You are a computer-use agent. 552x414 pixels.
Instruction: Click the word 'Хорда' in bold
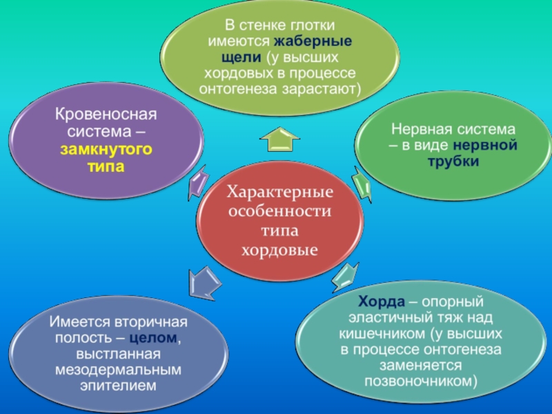click(x=377, y=302)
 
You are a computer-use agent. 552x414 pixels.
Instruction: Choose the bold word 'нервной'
click(x=485, y=146)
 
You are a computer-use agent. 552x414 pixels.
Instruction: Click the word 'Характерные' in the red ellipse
click(x=279, y=190)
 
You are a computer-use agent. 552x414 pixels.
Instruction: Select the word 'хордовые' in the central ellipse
click(x=279, y=248)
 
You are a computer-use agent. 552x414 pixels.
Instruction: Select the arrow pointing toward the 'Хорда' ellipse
click(x=343, y=279)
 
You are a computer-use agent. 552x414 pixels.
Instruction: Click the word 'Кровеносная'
click(x=106, y=113)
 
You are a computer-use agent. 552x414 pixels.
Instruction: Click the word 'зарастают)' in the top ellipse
click(x=327, y=90)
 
